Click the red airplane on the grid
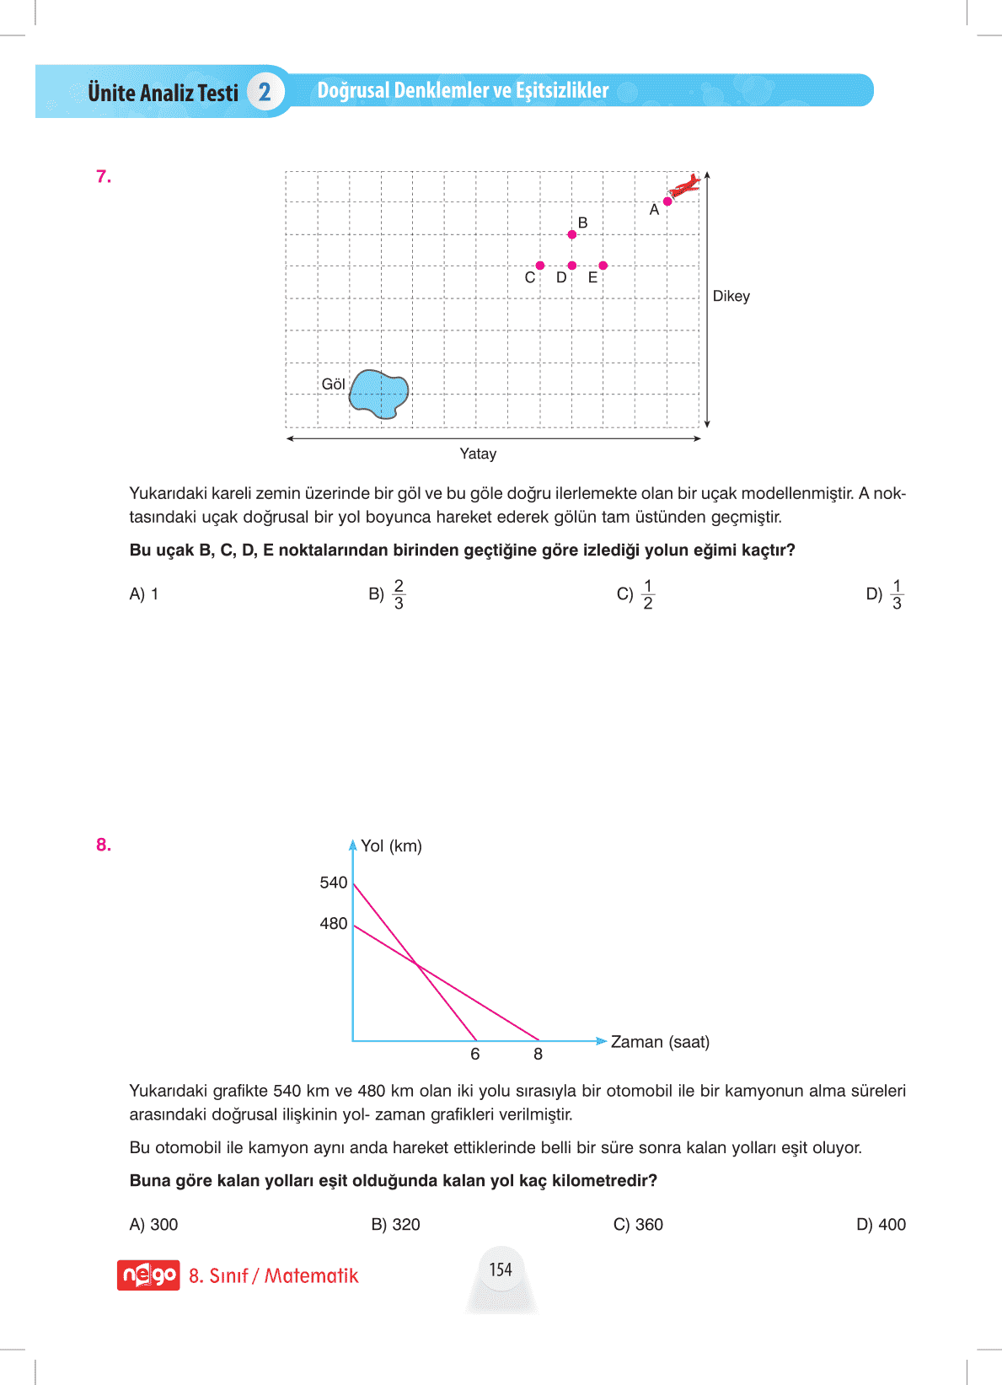(x=685, y=185)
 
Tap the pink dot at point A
(x=667, y=201)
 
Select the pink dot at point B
(x=572, y=234)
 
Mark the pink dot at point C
(x=540, y=266)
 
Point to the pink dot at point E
(x=603, y=266)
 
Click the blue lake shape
(x=379, y=393)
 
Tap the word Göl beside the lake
(x=333, y=384)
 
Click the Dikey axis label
(x=731, y=296)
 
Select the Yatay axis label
(x=478, y=454)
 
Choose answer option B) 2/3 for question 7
(x=388, y=594)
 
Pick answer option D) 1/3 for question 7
(x=885, y=594)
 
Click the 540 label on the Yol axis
(x=333, y=883)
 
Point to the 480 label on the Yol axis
(x=333, y=924)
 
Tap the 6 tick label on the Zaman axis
(x=475, y=1055)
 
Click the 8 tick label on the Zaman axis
(x=539, y=1055)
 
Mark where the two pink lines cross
(x=417, y=964)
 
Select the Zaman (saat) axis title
(x=660, y=1042)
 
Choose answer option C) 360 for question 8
(x=638, y=1225)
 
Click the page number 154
(x=501, y=1270)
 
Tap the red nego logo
(x=148, y=1275)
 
